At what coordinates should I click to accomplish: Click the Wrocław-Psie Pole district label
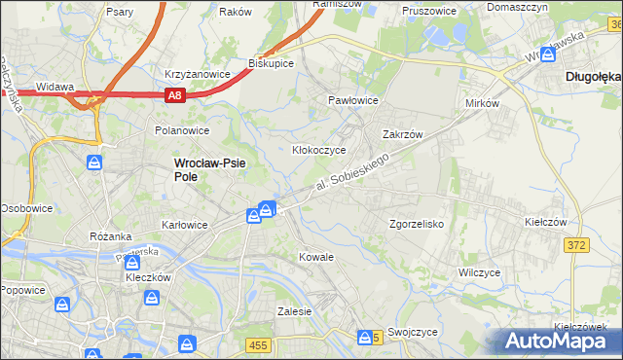210,170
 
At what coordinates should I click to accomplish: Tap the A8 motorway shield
174,95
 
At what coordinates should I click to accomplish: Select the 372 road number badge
575,245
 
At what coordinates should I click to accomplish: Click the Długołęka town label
593,74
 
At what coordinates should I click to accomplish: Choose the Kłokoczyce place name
320,151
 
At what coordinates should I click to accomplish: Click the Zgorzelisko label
417,223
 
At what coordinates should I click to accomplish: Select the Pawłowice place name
352,101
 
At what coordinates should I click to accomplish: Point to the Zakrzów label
401,135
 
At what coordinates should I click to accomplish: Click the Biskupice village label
272,62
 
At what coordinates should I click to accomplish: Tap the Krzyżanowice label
197,74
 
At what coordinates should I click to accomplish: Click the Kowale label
316,257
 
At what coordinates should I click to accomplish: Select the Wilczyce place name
479,272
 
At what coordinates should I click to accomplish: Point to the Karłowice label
185,225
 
